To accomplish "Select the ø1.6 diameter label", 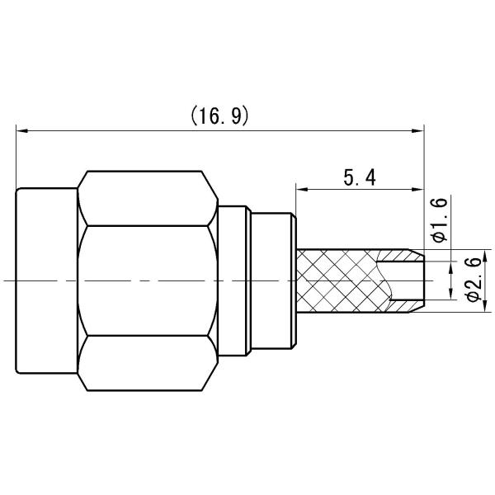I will (439, 220).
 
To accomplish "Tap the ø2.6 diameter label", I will (472, 280).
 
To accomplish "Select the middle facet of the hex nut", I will (148, 280).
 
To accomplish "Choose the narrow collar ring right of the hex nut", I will (234, 280).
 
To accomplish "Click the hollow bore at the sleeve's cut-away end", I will (404, 280).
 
